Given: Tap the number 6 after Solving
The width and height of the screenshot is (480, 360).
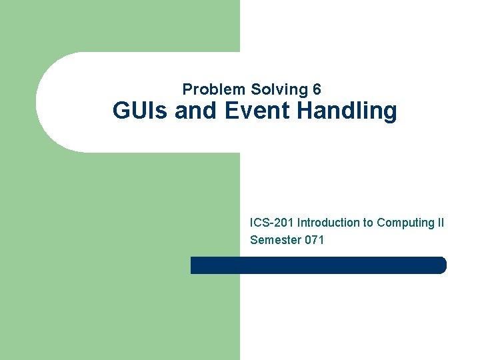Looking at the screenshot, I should (317, 89).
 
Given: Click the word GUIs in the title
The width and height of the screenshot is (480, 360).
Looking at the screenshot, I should (141, 111).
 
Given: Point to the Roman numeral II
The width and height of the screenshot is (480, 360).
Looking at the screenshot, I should (440, 223).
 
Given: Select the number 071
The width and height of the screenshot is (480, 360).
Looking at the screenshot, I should (314, 240).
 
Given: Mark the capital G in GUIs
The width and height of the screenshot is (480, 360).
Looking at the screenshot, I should (121, 111).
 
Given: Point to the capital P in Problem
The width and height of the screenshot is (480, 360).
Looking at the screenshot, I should (187, 89).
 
